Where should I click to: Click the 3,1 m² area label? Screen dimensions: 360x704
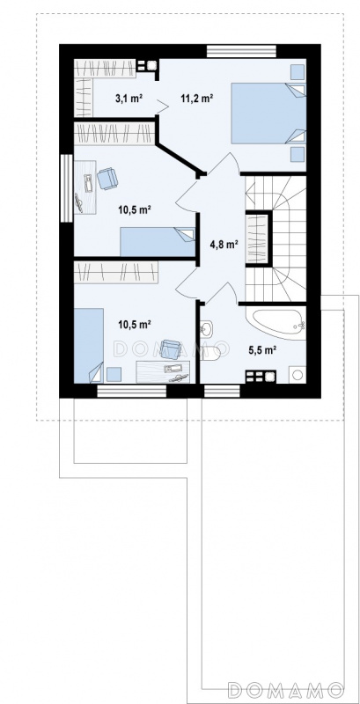pyautogui.click(x=129, y=99)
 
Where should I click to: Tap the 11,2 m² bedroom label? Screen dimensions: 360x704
pyautogui.click(x=196, y=99)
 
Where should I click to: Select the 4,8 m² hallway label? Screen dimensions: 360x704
pyautogui.click(x=224, y=245)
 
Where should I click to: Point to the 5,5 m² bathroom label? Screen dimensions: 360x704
pyautogui.click(x=261, y=350)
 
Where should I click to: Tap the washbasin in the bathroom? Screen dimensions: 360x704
pyautogui.click(x=208, y=328)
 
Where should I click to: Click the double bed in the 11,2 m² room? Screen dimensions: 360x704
pyautogui.click(x=268, y=114)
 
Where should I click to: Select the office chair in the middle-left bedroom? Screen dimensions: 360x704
pyautogui.click(x=107, y=179)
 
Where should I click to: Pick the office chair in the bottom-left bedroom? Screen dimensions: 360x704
pyautogui.click(x=171, y=348)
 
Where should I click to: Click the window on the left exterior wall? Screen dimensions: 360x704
pyautogui.click(x=66, y=188)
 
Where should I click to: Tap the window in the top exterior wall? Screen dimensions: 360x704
pyautogui.click(x=242, y=51)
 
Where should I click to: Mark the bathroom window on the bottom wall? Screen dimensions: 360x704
pyautogui.click(x=223, y=391)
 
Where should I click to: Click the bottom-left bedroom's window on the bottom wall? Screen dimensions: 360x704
pyautogui.click(x=131, y=391)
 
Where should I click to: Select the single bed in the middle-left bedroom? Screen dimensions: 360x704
pyautogui.click(x=158, y=242)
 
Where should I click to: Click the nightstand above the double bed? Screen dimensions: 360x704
pyautogui.click(x=297, y=71)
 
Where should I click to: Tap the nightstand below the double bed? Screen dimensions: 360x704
pyautogui.click(x=297, y=154)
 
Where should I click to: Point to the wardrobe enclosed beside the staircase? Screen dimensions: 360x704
pyautogui.click(x=258, y=238)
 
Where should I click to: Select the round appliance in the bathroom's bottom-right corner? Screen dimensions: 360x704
pyautogui.click(x=298, y=375)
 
